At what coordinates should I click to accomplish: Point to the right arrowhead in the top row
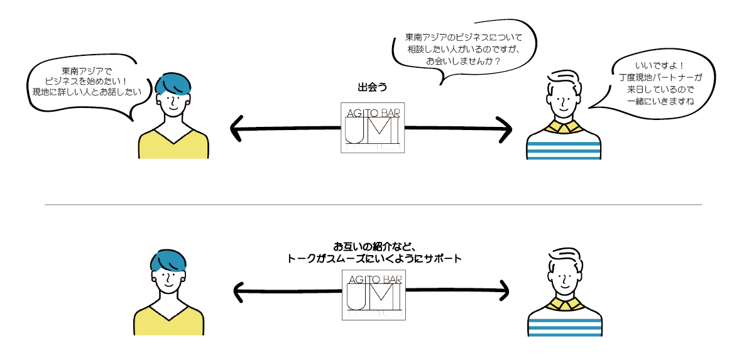[506, 129]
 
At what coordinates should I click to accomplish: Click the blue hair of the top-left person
[173, 84]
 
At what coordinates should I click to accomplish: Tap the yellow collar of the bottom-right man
[565, 305]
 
